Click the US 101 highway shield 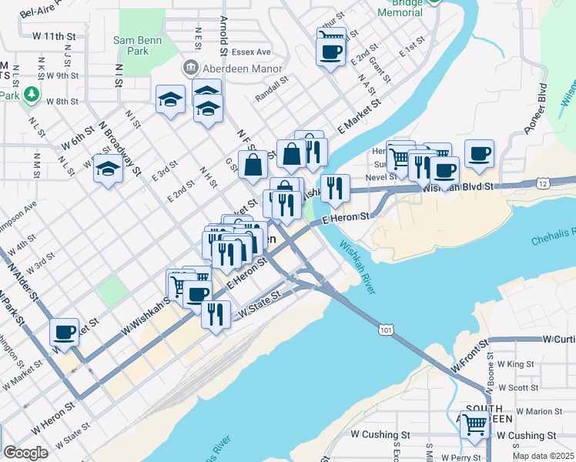(386, 329)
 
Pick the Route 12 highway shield (544, 182)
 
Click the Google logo (26, 452)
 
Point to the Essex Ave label (253, 52)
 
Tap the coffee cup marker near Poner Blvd (479, 153)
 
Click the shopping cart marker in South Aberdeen (474, 423)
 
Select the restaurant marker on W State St (216, 313)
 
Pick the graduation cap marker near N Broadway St (109, 169)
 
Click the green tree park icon (32, 94)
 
